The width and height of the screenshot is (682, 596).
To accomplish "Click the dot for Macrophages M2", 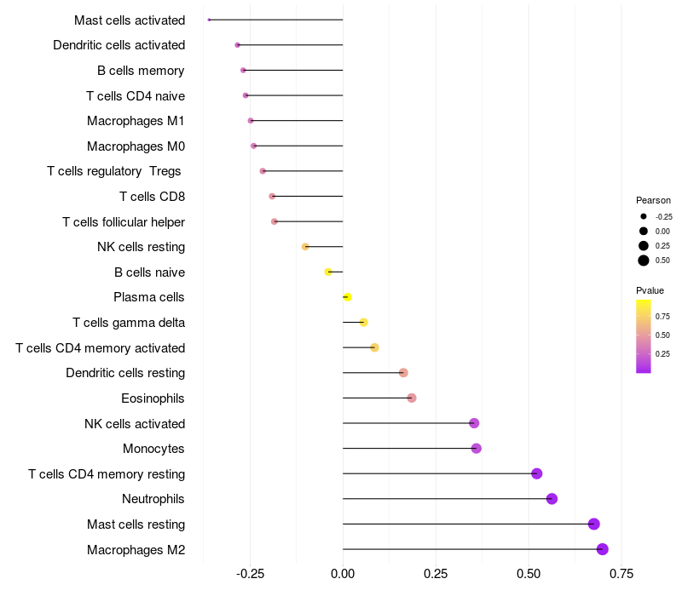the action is coord(602,549).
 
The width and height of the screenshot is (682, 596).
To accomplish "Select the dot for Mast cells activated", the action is coord(209,20).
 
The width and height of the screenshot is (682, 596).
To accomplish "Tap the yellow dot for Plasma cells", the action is coord(347,297).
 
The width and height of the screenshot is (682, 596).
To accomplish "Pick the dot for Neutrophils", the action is coord(552,499).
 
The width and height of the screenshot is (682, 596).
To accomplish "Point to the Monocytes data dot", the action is coord(477,449).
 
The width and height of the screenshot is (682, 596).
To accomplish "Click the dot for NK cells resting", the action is coord(305,247).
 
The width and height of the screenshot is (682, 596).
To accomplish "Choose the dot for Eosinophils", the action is coord(412,398).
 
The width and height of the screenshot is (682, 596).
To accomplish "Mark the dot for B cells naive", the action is coord(328,272).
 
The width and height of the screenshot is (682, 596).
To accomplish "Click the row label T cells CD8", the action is coord(153,197).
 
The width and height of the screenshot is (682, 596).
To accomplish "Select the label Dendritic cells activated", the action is coord(119,45).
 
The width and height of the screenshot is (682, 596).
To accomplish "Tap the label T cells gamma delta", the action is coord(129,323).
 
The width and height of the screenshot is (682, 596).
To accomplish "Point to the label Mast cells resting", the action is coord(136,524).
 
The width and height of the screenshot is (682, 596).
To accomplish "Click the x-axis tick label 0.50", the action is coord(529,574).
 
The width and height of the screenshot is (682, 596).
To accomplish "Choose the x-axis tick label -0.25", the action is coord(250,574).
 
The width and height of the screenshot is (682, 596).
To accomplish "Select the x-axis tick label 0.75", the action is coord(621,574).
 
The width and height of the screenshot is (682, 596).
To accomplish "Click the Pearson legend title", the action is coord(653,200).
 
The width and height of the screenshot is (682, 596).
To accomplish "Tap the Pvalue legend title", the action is coord(650,290).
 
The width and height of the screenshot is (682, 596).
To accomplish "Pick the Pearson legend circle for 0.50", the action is coord(644,261).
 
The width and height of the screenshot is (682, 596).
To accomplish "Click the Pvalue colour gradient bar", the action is coord(644,336).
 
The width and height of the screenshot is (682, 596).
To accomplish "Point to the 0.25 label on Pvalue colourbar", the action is coord(662,354).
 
